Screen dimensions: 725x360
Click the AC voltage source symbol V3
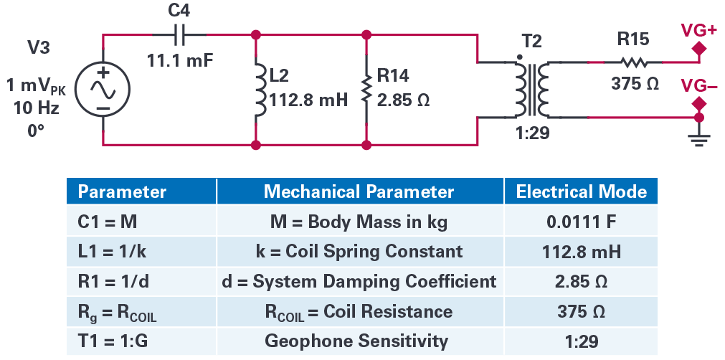[102, 90]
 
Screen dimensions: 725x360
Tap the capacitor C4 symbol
[180, 34]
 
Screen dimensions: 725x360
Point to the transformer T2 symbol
[531, 90]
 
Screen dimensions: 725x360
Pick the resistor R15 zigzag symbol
[632, 62]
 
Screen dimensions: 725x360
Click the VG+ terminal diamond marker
[698, 48]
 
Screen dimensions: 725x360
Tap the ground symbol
[698, 137]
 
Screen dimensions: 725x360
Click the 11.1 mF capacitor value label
[180, 60]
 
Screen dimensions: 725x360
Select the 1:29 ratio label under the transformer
[532, 133]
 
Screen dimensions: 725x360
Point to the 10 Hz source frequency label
[36, 108]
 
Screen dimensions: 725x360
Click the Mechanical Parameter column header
[359, 191]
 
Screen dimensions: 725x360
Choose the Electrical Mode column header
[581, 191]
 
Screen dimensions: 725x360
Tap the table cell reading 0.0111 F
[581, 222]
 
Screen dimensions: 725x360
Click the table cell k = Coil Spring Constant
[359, 252]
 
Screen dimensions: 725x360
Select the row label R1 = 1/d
[114, 281]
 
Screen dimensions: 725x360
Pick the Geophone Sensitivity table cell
[356, 341]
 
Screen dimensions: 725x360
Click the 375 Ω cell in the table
[581, 311]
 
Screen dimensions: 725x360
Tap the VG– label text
[698, 85]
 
